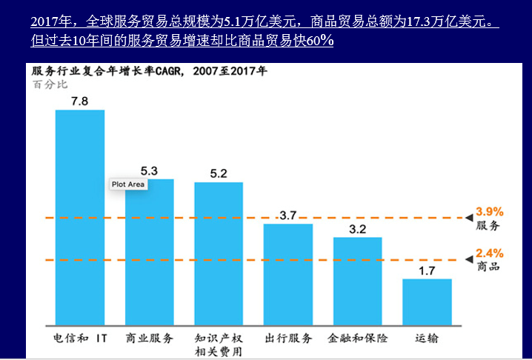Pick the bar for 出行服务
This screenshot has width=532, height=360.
288,273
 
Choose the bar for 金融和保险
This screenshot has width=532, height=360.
358,281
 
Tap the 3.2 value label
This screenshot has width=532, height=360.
358,229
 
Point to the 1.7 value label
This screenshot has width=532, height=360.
427,270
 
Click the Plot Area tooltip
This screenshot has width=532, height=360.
128,184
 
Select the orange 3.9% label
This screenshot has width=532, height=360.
489,211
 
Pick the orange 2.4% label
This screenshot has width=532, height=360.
489,253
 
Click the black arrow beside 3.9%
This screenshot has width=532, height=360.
468,217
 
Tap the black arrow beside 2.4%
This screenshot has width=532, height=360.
468,259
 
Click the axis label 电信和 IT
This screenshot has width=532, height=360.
81,339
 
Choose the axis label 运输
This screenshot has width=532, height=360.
427,339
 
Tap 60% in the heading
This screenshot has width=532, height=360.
319,40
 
